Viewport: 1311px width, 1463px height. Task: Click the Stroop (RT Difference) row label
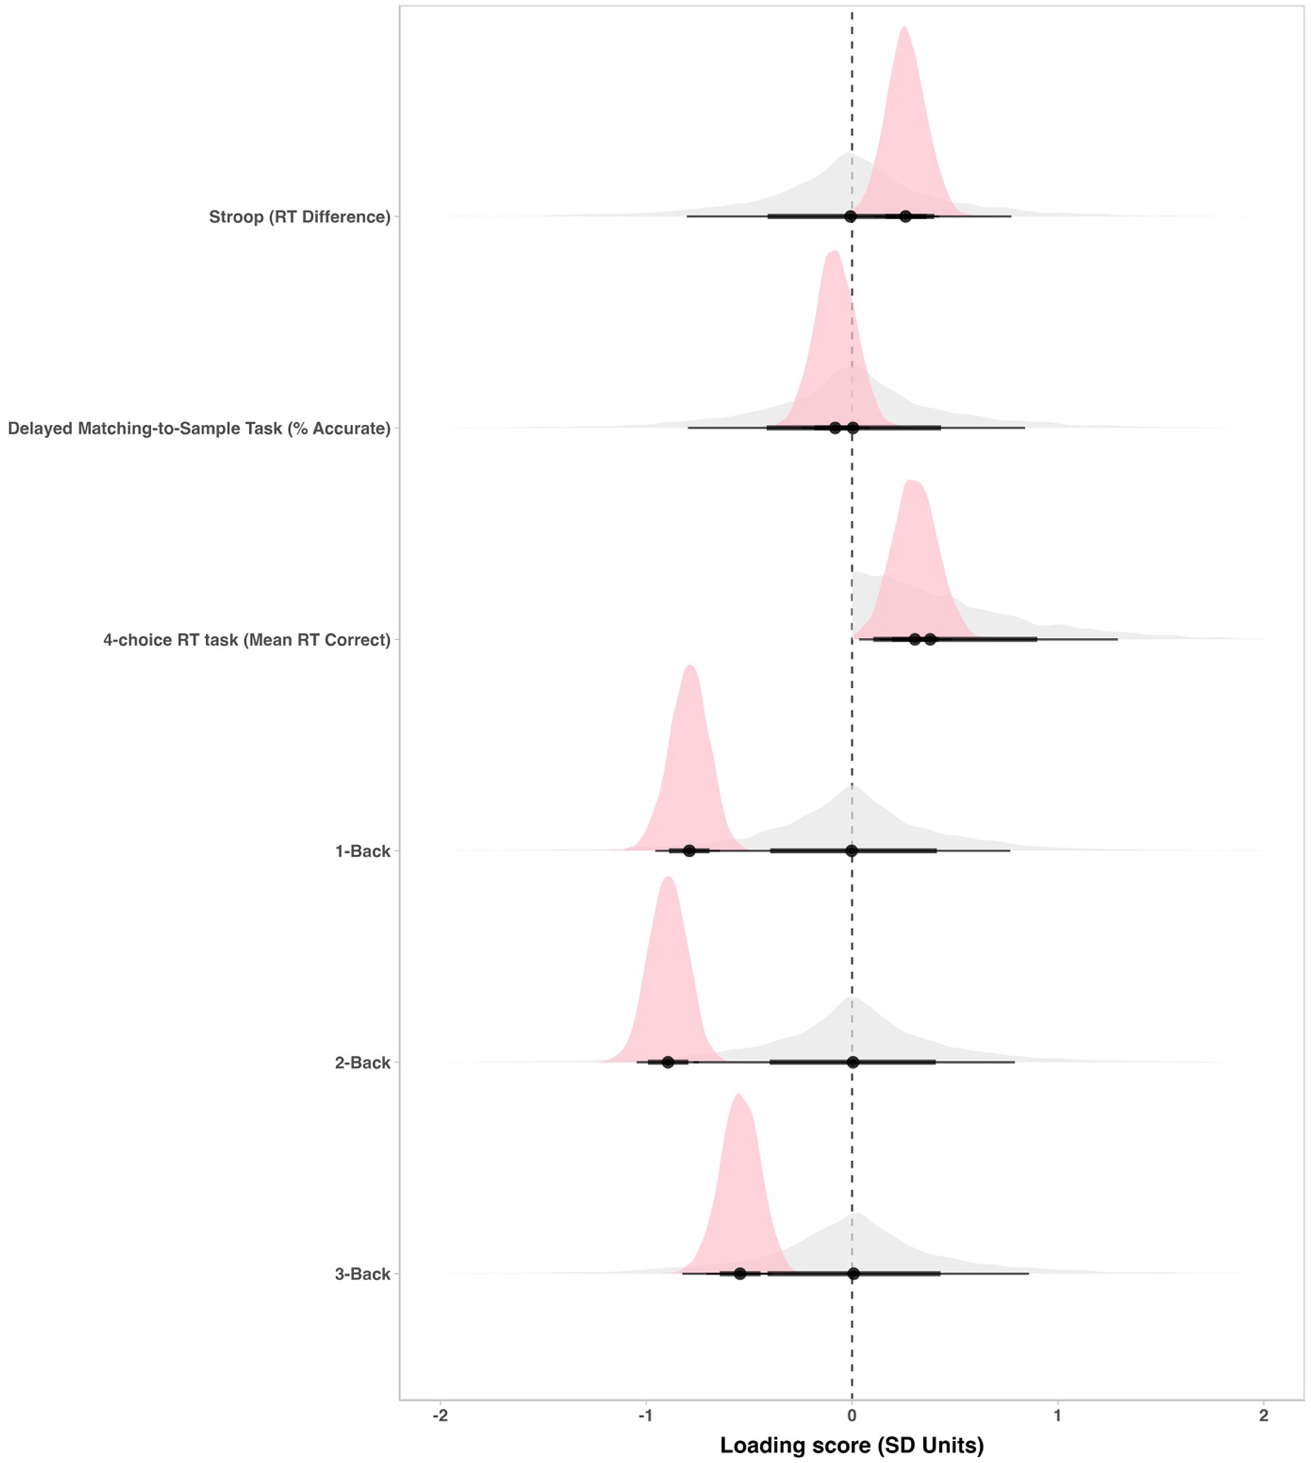click(300, 217)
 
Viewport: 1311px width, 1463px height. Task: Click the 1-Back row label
click(362, 851)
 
